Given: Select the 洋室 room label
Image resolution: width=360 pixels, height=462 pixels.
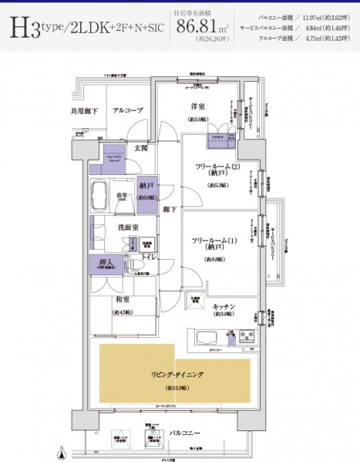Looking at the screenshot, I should [197, 106].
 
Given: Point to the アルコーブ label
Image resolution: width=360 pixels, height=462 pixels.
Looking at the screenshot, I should [128, 111].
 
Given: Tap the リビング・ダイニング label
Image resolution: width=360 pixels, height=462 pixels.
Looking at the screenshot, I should [176, 373].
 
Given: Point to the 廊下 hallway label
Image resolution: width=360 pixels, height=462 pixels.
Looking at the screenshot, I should [170, 208].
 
